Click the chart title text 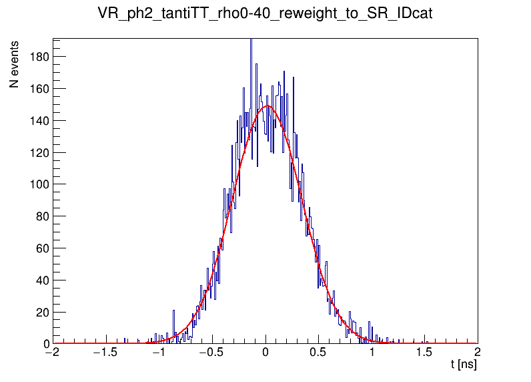click(265, 15)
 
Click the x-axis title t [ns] click(464, 365)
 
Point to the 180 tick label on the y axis click(38, 57)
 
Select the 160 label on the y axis click(38, 88)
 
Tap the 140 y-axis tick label click(38, 120)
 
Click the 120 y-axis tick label click(38, 152)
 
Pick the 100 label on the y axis click(38, 184)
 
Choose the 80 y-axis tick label click(41, 216)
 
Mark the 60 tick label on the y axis click(41, 248)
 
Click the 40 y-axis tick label click(41, 280)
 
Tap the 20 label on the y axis click(41, 312)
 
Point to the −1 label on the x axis click(159, 352)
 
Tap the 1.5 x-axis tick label click(424, 352)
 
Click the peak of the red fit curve click(268, 106)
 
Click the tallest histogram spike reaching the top click(251, 41)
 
